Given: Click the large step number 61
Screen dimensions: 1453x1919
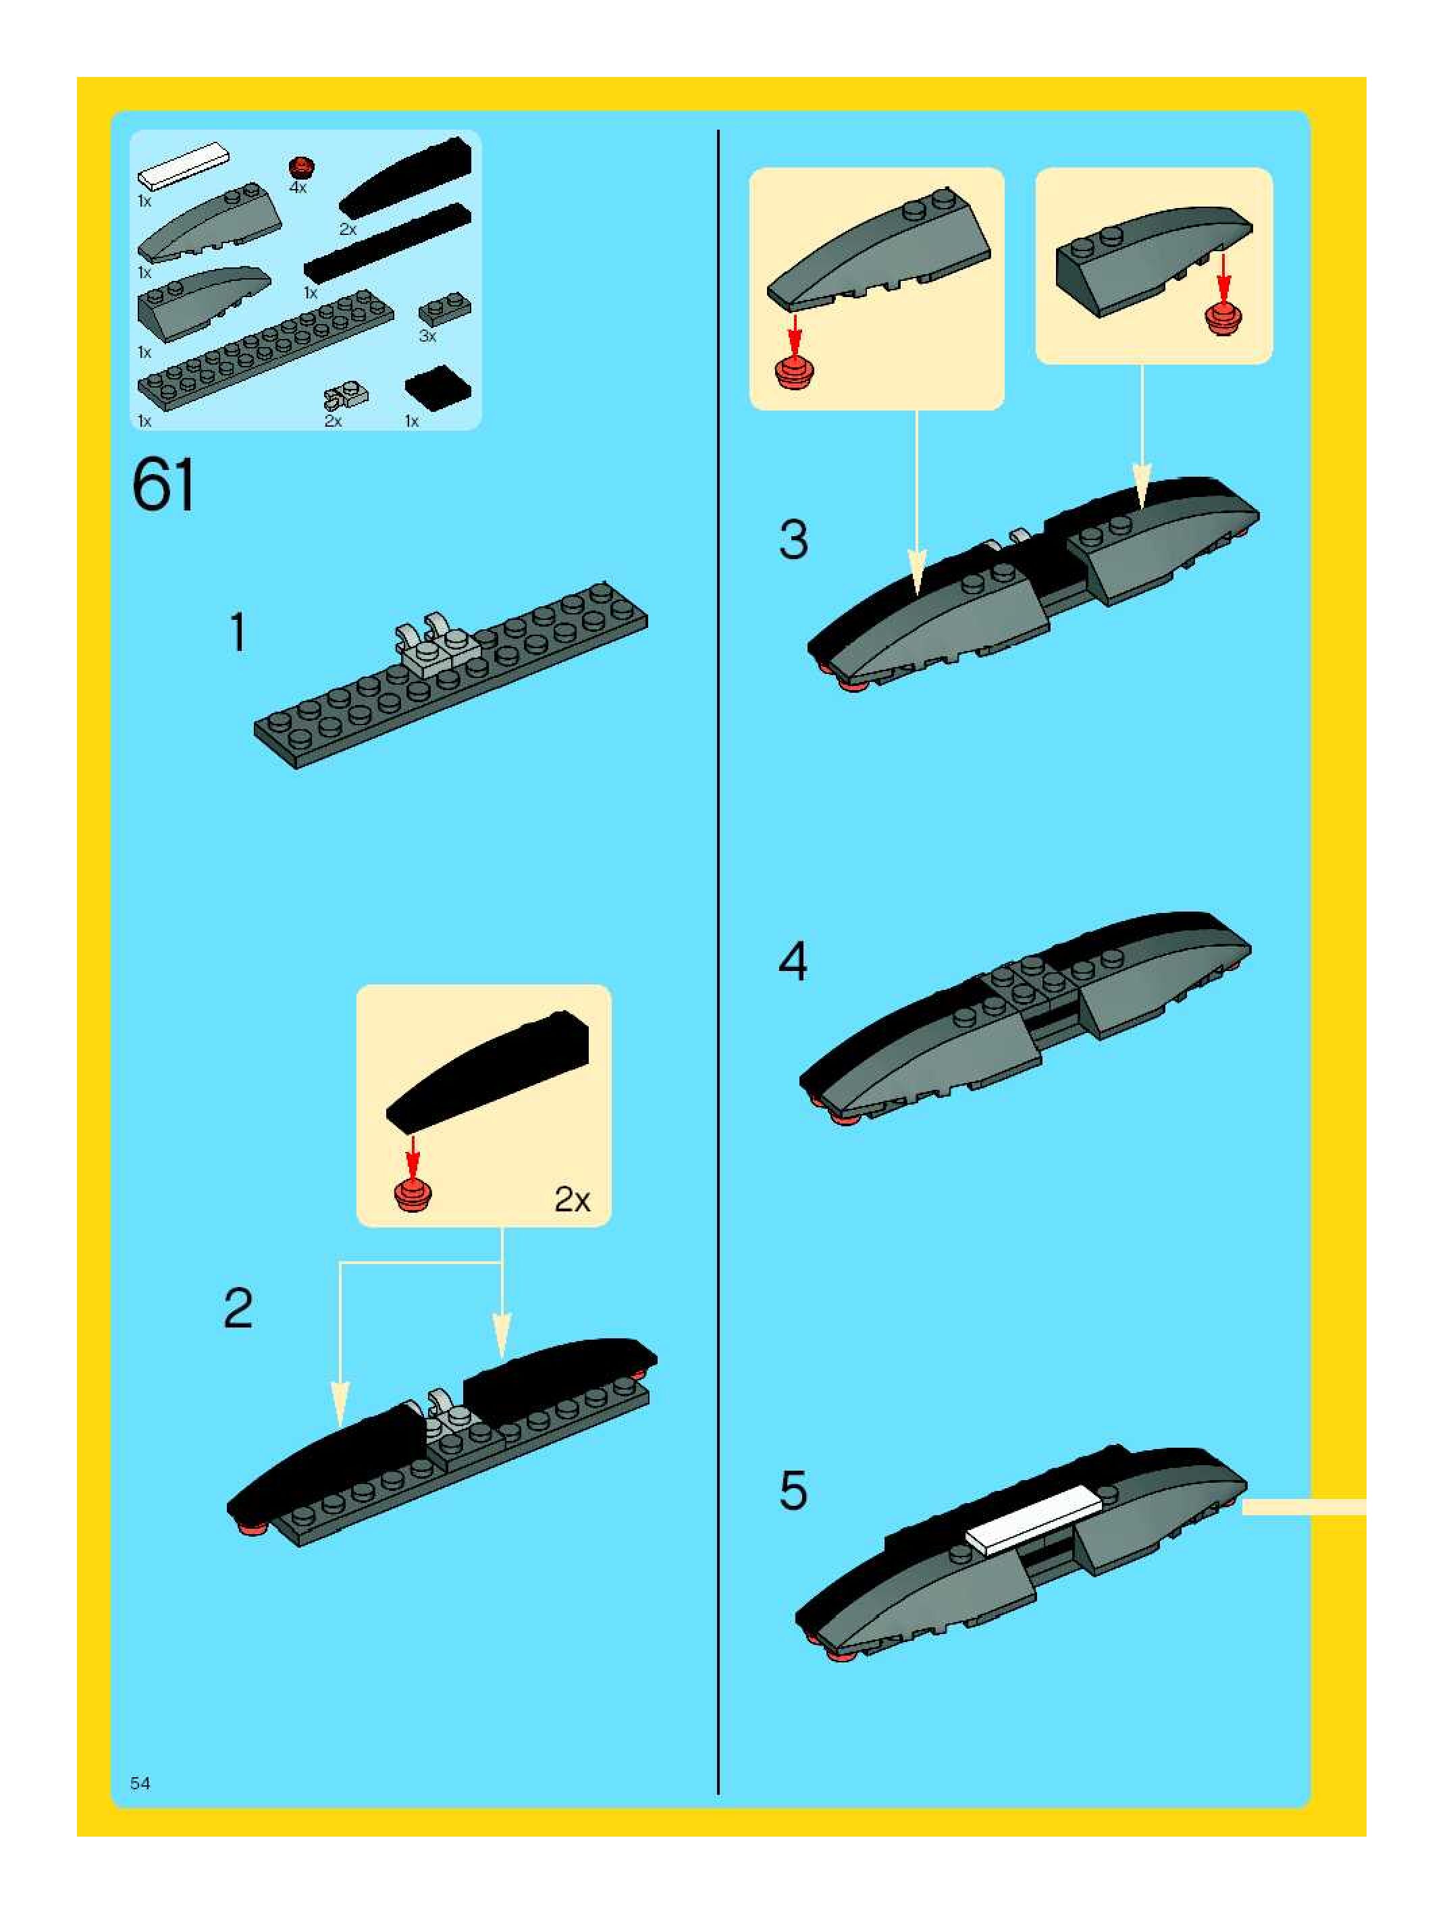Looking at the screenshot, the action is click(x=164, y=487).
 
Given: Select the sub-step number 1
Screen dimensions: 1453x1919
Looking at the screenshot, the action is click(x=238, y=633).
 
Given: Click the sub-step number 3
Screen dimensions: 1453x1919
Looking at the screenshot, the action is click(x=794, y=540).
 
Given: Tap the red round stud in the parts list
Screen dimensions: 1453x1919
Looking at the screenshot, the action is click(x=301, y=167).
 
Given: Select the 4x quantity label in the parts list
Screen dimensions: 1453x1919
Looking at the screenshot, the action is click(x=298, y=188).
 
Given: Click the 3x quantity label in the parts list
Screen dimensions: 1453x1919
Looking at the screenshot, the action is click(x=427, y=336).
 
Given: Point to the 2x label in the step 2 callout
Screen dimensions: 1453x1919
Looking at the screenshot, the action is click(x=572, y=1200).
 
